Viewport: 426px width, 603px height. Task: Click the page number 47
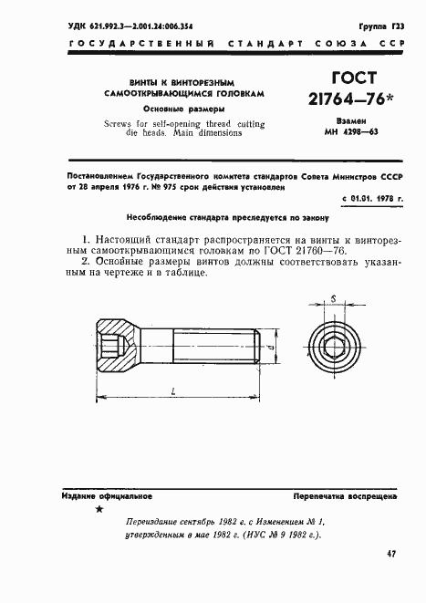click(391, 553)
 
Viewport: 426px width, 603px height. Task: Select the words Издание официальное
click(93, 495)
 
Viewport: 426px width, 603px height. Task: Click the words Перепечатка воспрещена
click(344, 496)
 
